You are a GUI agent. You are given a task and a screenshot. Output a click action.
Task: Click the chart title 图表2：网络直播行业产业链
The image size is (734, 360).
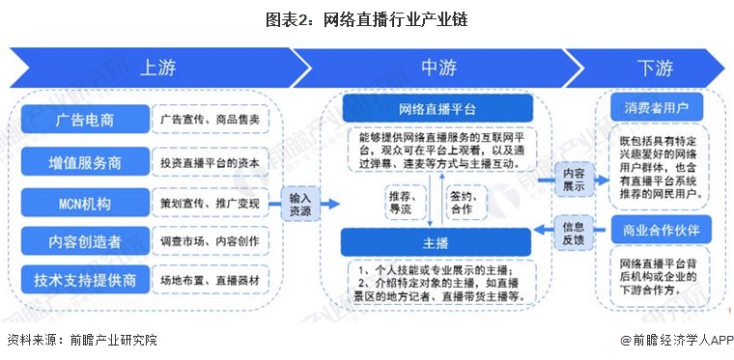(368, 17)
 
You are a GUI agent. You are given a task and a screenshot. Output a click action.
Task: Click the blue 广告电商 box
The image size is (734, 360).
(84, 120)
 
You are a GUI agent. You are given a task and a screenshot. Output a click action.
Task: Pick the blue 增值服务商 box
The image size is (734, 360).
(84, 161)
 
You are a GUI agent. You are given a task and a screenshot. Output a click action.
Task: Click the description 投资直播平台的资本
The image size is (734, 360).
(212, 161)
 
